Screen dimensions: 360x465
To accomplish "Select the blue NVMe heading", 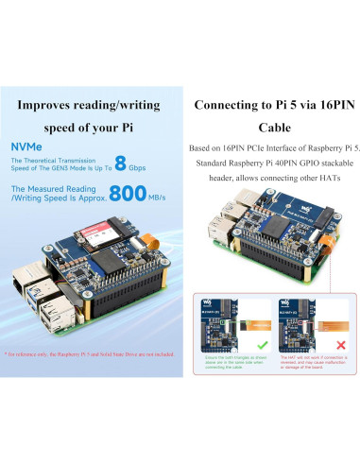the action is (x=26, y=146).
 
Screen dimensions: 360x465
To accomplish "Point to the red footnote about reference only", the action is (x=90, y=353).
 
